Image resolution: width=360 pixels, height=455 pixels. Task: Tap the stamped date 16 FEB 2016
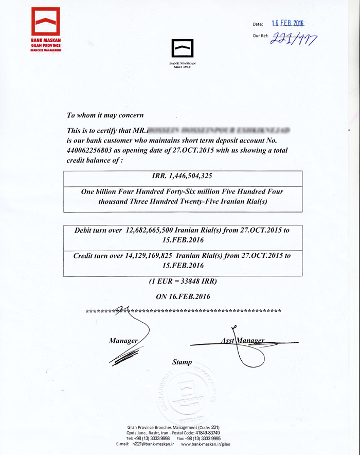(288, 23)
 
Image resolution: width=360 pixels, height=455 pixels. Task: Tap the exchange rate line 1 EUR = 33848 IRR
(183, 282)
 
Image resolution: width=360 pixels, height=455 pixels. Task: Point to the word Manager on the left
(123, 341)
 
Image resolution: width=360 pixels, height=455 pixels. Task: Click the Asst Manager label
(242, 341)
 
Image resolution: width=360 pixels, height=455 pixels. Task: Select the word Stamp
(182, 362)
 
